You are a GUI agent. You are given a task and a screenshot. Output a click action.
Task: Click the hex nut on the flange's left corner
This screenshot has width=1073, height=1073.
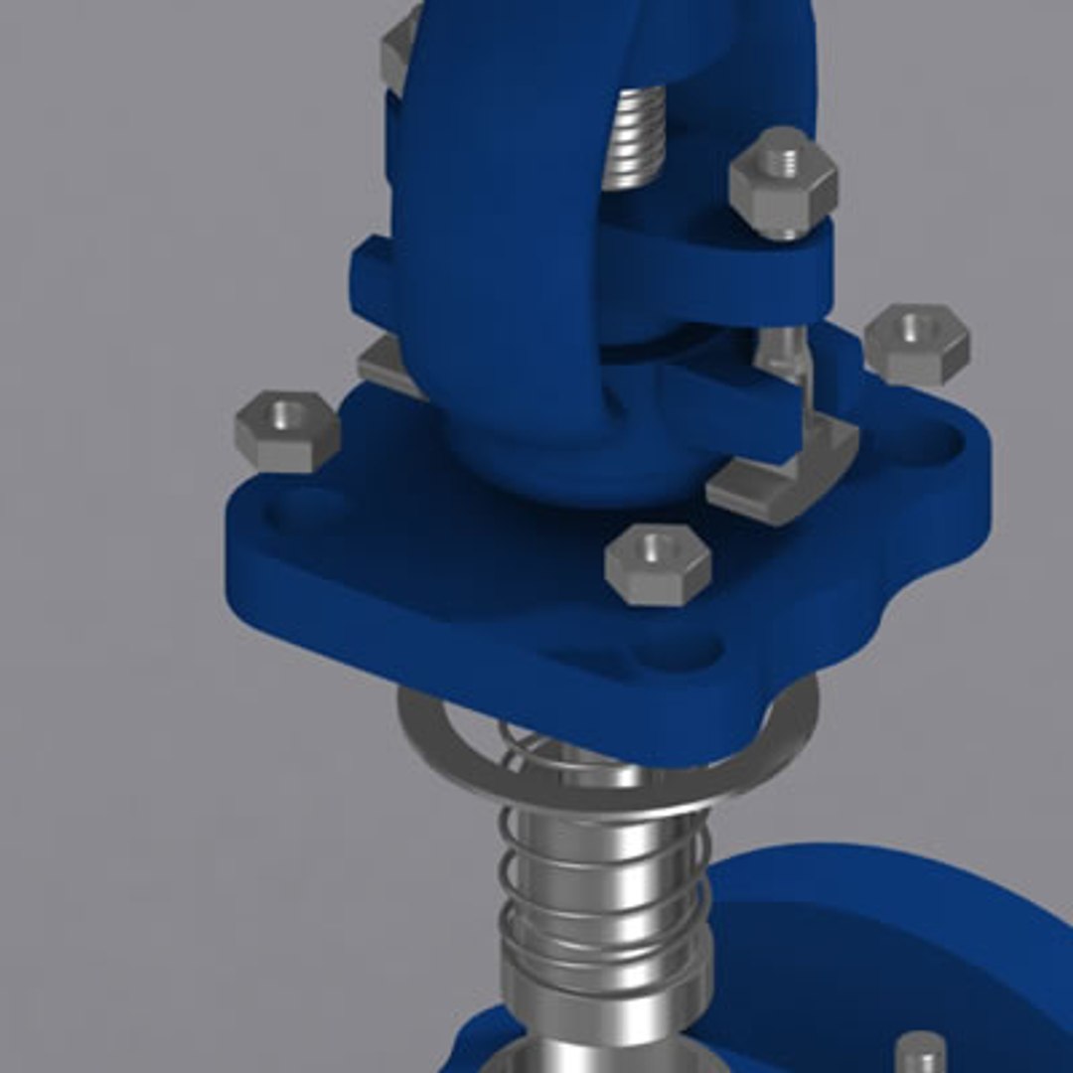click(287, 431)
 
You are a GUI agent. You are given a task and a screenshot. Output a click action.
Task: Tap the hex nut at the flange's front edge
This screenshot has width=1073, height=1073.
click(659, 563)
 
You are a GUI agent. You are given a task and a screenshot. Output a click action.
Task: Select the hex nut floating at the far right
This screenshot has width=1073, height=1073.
click(916, 344)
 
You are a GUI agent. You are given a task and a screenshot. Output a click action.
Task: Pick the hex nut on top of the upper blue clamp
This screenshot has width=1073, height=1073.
click(783, 181)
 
